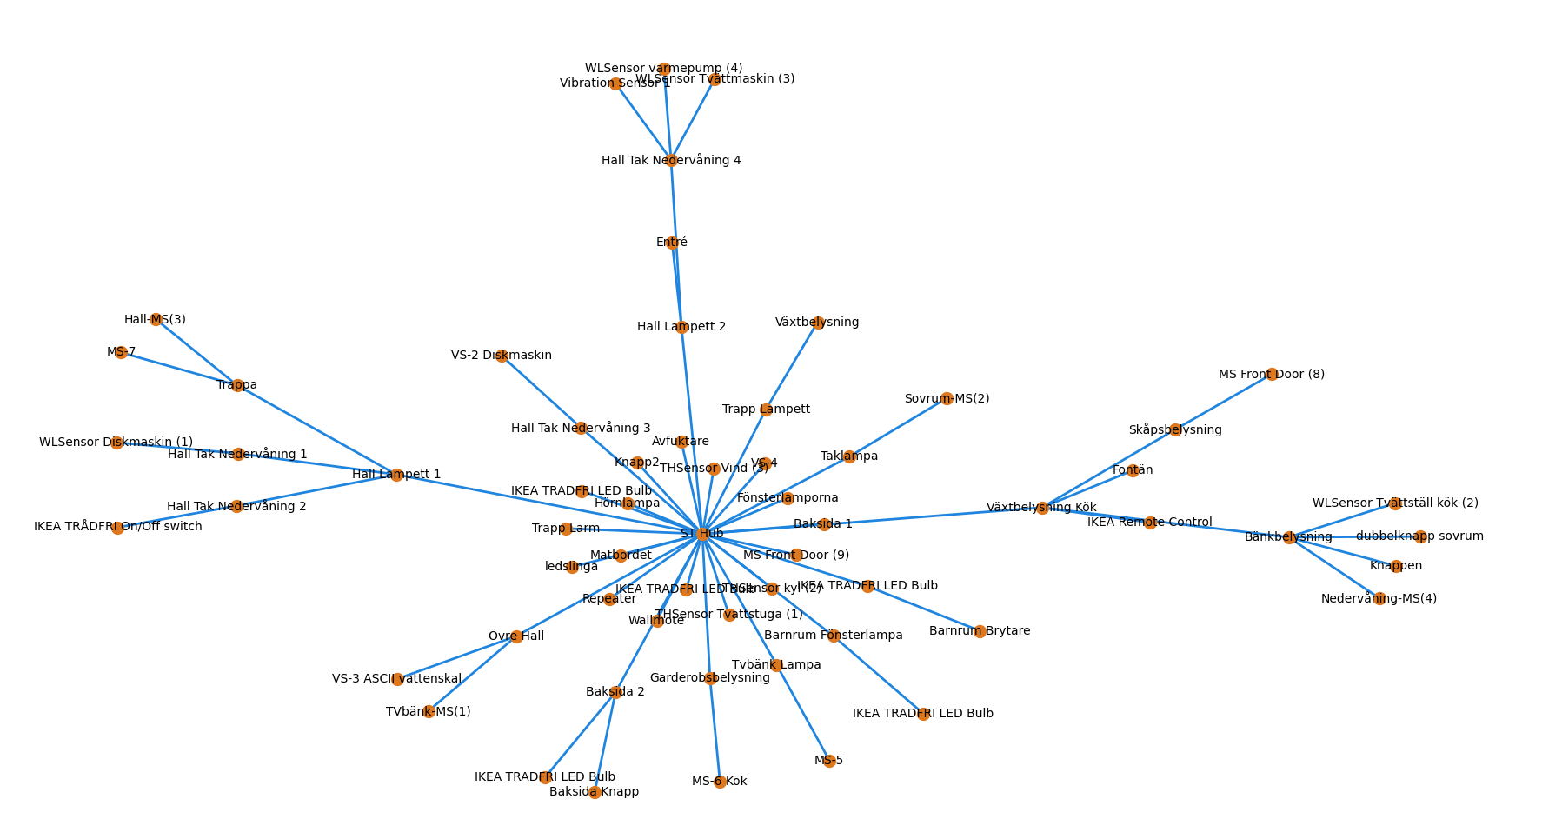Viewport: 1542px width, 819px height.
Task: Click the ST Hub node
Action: [x=701, y=534]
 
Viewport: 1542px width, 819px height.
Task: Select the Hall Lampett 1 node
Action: [x=396, y=475]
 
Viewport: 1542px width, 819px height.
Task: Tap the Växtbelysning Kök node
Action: [x=1042, y=508]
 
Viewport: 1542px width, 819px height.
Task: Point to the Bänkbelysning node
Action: [x=1289, y=537]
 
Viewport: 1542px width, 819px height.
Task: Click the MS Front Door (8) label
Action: [x=1271, y=375]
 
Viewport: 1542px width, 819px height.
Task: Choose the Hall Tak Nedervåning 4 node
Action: [x=671, y=161]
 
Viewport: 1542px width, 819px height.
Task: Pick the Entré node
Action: [x=672, y=243]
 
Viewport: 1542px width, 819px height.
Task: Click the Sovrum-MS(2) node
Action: [x=947, y=399]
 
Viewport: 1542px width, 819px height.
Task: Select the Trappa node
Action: [x=237, y=385]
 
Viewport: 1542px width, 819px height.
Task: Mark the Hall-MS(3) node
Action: [x=156, y=320]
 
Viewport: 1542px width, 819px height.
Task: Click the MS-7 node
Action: [x=121, y=352]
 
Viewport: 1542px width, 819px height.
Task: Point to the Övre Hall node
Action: [x=516, y=636]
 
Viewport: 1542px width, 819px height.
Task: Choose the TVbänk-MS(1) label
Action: [x=428, y=712]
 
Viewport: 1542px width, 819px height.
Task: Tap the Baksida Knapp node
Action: [x=595, y=792]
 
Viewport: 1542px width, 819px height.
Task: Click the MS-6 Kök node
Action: [x=720, y=782]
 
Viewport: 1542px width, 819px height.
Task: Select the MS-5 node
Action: [x=828, y=761]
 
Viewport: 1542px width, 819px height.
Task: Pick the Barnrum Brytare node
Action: [x=980, y=631]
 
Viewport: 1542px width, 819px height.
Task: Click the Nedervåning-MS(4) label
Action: [x=1379, y=599]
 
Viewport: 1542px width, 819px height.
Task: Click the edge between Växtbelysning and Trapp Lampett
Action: [x=792, y=366]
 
